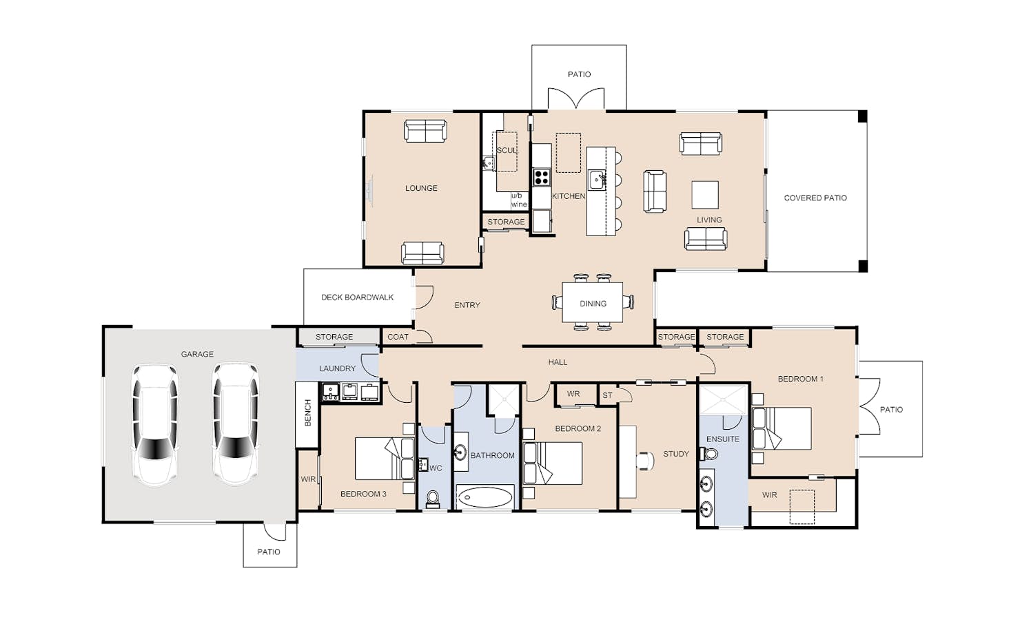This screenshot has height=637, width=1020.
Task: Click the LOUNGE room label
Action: (421, 188)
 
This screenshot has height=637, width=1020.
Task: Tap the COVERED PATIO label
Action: (815, 198)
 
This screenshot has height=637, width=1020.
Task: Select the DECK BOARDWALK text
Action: (358, 297)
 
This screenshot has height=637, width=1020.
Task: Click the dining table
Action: (593, 302)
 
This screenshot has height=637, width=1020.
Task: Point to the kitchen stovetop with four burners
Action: (542, 177)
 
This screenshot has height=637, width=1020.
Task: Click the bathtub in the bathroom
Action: (485, 497)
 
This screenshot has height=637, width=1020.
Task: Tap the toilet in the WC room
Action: (433, 499)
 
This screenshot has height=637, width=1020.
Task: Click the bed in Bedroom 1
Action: (781, 428)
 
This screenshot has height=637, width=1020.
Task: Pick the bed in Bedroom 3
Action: (385, 459)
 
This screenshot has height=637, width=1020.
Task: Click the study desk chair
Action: (645, 461)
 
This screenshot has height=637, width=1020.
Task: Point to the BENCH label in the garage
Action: (307, 413)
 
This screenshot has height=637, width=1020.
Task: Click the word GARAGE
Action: (197, 354)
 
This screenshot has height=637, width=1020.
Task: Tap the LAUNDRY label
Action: (337, 368)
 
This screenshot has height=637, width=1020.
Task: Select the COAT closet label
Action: (398, 337)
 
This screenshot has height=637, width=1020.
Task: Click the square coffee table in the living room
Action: (705, 195)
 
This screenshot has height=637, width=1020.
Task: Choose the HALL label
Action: (558, 362)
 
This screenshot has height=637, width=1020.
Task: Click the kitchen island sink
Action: (597, 179)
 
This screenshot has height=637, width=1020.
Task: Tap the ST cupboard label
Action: (607, 395)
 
